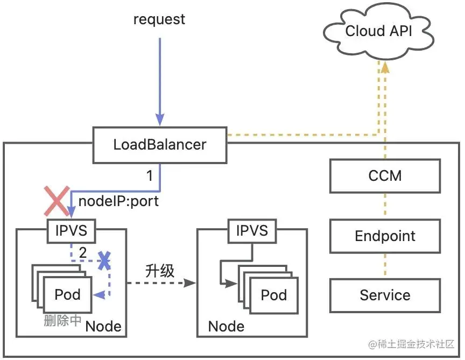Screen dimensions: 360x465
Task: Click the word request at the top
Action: point(159,19)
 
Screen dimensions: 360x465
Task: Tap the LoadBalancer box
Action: point(159,145)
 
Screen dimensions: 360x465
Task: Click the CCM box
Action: point(385,175)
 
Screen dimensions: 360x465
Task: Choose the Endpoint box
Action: point(385,236)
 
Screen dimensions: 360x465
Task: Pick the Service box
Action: point(385,295)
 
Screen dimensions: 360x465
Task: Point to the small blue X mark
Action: point(104,262)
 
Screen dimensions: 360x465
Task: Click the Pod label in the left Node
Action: point(67,294)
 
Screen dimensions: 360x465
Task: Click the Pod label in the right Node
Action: point(273,294)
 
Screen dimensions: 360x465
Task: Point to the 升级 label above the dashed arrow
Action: point(160,271)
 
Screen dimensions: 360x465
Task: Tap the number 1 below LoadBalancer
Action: point(151,175)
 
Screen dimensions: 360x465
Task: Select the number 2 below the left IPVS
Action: point(82,252)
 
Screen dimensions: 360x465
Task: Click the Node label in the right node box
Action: point(226,326)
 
